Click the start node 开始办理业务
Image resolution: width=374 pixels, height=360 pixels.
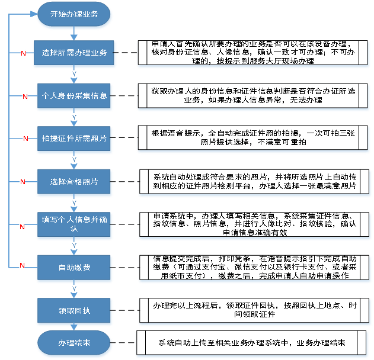click(74, 14)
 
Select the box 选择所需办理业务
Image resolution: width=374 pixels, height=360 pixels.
click(74, 53)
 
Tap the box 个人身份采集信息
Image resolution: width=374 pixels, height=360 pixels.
click(74, 95)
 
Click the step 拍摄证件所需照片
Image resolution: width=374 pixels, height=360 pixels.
click(74, 138)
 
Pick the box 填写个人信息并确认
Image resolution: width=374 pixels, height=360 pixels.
click(74, 224)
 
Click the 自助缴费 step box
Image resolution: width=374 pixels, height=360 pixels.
click(74, 268)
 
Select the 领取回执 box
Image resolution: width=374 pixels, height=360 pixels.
click(74, 311)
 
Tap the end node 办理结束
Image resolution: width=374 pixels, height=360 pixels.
click(74, 343)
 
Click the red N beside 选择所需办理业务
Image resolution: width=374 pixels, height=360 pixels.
click(23, 53)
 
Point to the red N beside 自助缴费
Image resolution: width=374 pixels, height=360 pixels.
click(23, 264)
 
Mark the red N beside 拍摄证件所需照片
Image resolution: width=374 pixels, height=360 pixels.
click(25, 139)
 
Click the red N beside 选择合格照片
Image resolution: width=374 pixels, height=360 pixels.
click(23, 181)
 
